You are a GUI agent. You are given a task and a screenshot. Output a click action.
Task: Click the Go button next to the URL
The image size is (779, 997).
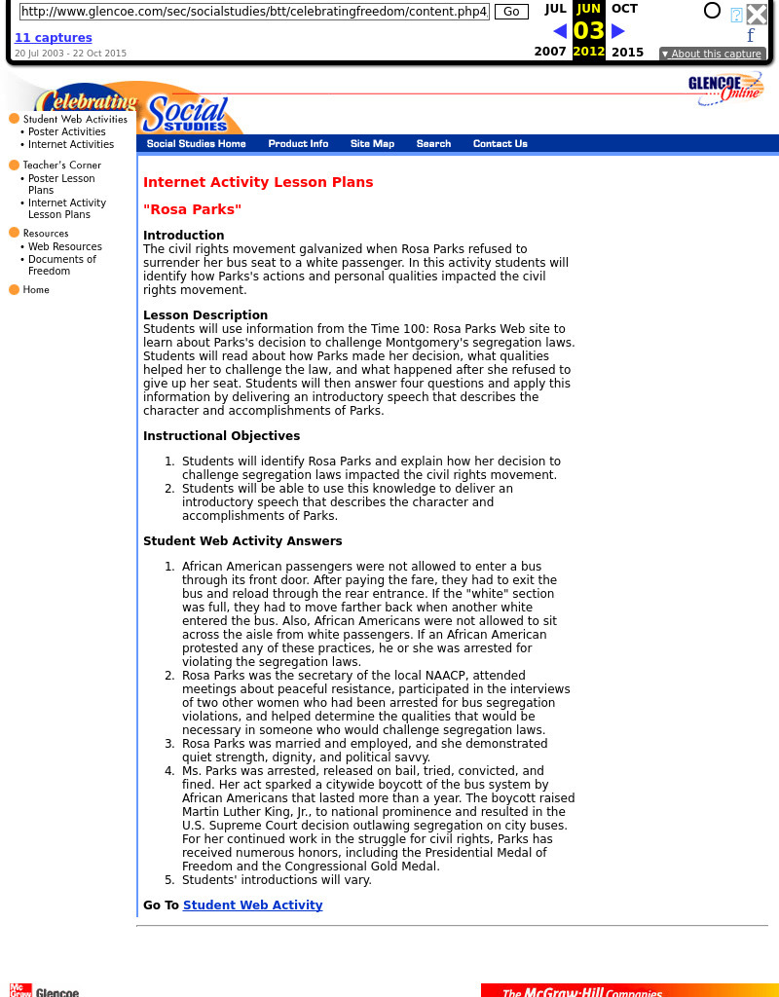click(511, 12)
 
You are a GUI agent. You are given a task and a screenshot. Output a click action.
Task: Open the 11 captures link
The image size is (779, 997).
click(54, 38)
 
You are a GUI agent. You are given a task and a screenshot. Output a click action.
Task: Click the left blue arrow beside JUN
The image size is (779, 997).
click(560, 31)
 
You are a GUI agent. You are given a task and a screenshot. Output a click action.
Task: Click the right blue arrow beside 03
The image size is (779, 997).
click(617, 31)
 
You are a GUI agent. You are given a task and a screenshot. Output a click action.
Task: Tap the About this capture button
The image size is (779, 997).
click(712, 55)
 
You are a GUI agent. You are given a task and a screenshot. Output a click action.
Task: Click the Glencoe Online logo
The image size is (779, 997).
click(724, 89)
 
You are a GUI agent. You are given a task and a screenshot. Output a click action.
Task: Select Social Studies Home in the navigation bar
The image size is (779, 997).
click(196, 144)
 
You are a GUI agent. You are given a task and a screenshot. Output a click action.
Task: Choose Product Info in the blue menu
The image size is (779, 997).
click(298, 144)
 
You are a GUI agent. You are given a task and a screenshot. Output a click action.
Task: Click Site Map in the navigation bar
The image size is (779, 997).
click(372, 144)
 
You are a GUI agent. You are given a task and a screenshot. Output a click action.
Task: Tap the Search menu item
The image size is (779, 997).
click(433, 144)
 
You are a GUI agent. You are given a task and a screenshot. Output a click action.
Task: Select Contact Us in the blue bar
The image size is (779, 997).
click(500, 144)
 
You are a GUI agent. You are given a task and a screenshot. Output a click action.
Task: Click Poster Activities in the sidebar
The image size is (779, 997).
click(66, 132)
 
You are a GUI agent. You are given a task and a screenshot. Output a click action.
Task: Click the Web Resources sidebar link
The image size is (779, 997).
click(64, 247)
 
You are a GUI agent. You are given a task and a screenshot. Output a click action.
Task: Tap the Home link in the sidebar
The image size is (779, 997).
click(36, 290)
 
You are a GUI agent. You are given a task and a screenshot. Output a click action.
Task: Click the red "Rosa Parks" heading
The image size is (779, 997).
click(192, 209)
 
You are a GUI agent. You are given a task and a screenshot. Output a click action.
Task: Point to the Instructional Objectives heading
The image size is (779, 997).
click(221, 436)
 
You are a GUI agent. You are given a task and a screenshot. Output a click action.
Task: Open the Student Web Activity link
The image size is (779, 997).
click(252, 905)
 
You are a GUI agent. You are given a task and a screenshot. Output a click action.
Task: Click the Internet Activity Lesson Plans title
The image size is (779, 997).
click(258, 182)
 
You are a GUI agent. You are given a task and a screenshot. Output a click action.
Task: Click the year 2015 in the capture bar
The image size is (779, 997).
click(627, 53)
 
